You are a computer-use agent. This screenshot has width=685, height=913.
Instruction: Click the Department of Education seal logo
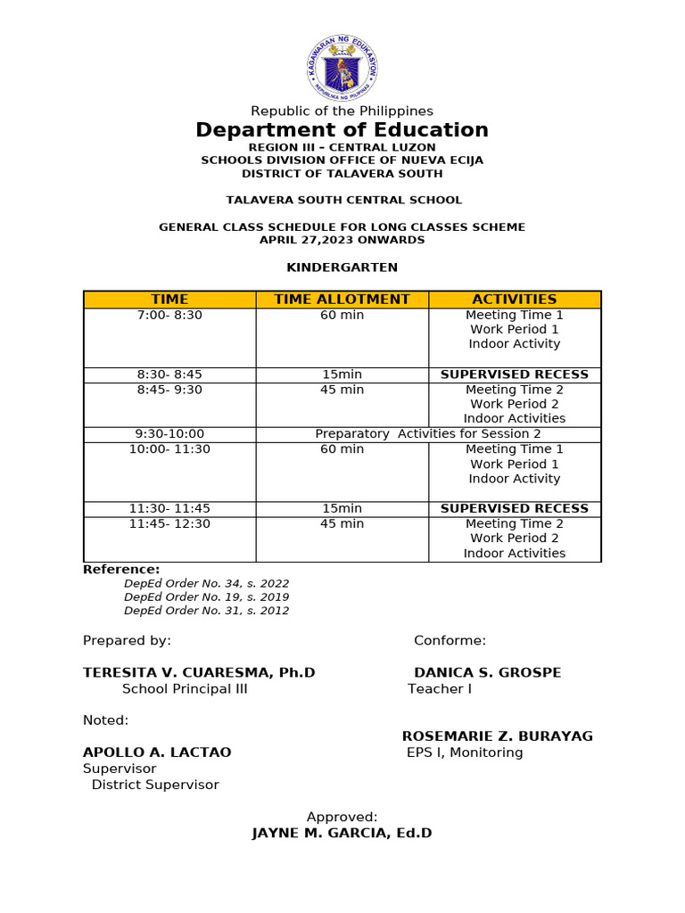[x=342, y=68]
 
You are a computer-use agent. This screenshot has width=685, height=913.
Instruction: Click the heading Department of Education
[x=342, y=130]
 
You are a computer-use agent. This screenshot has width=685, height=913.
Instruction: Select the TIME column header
[x=169, y=300]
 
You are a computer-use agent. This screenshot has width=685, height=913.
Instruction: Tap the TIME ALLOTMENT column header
[x=342, y=300]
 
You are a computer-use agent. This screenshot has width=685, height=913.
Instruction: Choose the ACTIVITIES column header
[x=515, y=300]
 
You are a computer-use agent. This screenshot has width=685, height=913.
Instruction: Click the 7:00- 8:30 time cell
[x=169, y=315]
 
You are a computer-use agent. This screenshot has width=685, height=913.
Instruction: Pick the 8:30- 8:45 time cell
[x=169, y=374]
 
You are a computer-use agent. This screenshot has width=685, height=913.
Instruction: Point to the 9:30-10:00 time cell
[x=169, y=434]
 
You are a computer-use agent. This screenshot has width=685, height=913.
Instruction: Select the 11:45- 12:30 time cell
[x=169, y=523]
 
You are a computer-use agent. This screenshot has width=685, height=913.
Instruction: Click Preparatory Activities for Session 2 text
[x=428, y=434]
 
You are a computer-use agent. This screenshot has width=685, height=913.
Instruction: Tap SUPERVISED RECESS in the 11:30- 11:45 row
[x=515, y=508]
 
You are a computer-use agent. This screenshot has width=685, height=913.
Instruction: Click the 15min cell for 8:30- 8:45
[x=342, y=374]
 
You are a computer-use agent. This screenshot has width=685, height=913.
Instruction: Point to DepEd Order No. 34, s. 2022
[x=206, y=583]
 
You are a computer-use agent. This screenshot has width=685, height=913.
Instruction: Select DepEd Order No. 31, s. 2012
[x=206, y=611]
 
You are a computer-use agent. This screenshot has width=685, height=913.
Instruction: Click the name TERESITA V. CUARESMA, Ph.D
[x=199, y=672]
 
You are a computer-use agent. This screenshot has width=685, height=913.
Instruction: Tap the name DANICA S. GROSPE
[x=487, y=672]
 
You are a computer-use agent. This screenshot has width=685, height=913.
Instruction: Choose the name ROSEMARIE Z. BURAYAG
[x=497, y=736]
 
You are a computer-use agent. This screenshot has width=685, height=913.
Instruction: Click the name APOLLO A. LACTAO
[x=157, y=753]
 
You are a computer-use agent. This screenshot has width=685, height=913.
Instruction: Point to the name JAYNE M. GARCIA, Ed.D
[x=342, y=834]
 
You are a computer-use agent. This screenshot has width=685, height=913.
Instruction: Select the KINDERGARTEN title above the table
[x=342, y=267]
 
